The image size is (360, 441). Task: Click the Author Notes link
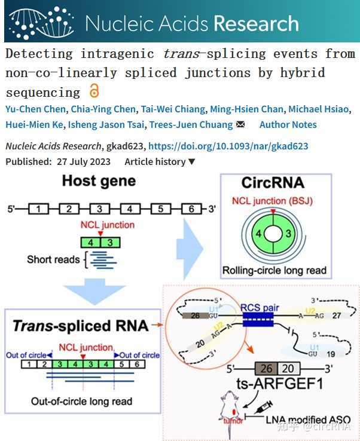(288, 124)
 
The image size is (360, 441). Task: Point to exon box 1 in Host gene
(38, 209)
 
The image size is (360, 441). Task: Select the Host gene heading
(99, 180)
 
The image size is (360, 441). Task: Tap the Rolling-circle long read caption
(274, 270)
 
